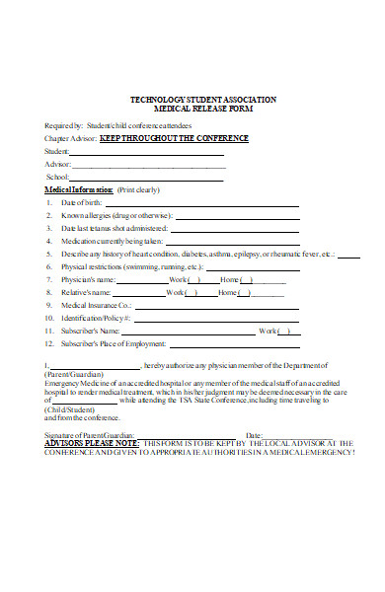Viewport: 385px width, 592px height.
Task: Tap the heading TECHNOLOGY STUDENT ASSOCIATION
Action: pyautogui.click(x=203, y=101)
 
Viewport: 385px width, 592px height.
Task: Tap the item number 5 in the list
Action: pyautogui.click(x=49, y=254)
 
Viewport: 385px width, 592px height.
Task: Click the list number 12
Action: pyautogui.click(x=49, y=343)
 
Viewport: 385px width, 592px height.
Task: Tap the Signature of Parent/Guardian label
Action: pyautogui.click(x=89, y=434)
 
